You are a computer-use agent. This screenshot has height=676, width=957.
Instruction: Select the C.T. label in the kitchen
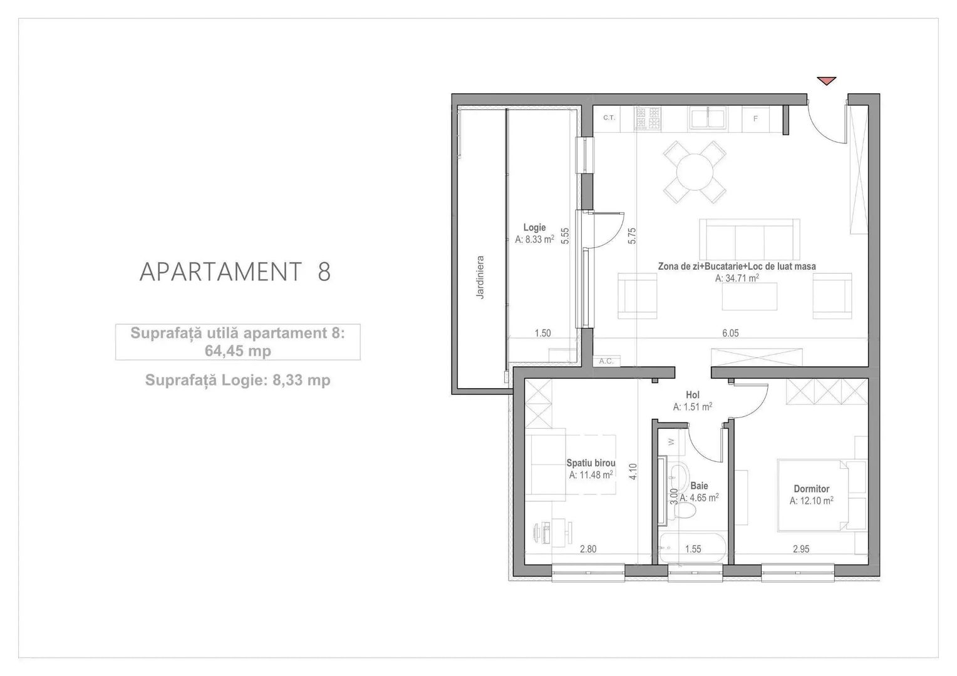[x=609, y=118]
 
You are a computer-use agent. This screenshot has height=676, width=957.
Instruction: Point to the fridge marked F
[x=755, y=118]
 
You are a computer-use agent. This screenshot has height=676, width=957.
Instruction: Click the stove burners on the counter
[x=648, y=118]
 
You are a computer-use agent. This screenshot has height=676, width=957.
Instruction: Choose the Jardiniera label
[x=480, y=276]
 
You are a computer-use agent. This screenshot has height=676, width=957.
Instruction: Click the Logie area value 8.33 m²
[x=534, y=239]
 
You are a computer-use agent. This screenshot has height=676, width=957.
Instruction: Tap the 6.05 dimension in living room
[x=730, y=333]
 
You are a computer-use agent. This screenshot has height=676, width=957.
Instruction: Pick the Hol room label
[x=693, y=395]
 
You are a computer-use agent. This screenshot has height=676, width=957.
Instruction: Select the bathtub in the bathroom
[x=693, y=550]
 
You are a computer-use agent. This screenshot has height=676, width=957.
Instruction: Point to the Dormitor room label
[x=811, y=489]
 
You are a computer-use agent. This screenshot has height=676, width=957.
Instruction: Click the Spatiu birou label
[x=591, y=463]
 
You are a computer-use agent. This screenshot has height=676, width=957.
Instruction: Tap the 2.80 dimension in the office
[x=588, y=550]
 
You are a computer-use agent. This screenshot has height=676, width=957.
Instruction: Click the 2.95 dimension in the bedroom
[x=801, y=550]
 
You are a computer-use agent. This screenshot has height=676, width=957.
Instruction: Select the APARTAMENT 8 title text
[x=235, y=272]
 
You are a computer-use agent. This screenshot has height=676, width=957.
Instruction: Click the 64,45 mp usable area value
[x=238, y=351]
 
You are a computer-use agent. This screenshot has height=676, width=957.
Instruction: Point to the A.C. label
[x=606, y=361]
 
